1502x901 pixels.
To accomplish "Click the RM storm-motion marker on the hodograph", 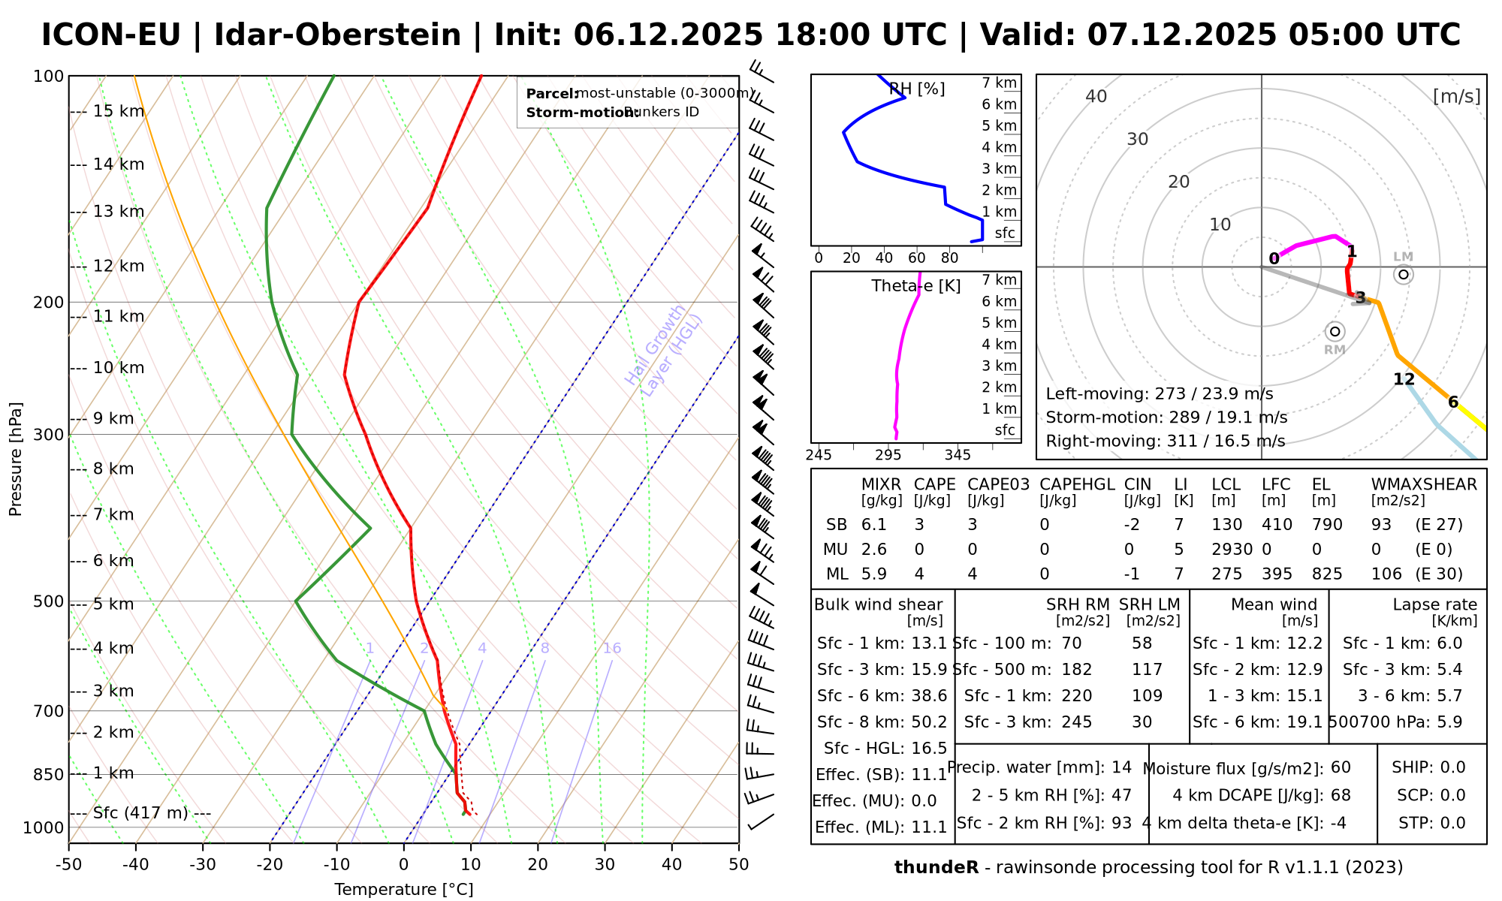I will tap(1335, 331).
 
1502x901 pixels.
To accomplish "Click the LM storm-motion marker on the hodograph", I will tap(1404, 274).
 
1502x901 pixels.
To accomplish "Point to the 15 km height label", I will tap(119, 112).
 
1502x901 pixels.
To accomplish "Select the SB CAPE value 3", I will tap(919, 525).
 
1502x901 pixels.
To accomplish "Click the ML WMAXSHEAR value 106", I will tap(1386, 574).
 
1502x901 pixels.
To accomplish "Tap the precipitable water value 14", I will tap(1121, 767).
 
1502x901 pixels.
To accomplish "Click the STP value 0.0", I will tap(1452, 823).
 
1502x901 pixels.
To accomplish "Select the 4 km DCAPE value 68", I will tap(1341, 795).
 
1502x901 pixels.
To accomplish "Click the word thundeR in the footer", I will tap(936, 868).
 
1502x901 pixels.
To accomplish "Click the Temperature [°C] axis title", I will tap(403, 890).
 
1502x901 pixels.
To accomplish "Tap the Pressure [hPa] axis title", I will tap(16, 458).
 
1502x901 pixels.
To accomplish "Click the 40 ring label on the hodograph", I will tap(1096, 96).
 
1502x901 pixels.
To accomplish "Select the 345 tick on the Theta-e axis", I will tap(958, 455).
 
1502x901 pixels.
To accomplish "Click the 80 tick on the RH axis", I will tap(949, 258).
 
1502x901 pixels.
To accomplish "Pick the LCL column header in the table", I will tap(1226, 485).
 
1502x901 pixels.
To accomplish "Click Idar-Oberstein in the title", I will tap(337, 35).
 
